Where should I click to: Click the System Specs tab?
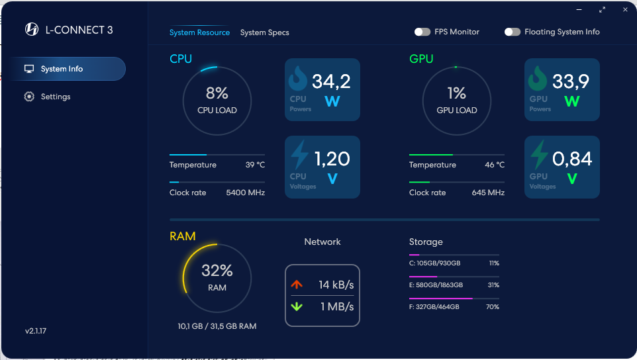pyautogui.click(x=264, y=32)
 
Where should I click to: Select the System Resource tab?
pyautogui.click(x=199, y=32)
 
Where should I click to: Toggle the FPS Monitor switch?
pyautogui.click(x=422, y=32)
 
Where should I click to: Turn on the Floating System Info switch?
pyautogui.click(x=513, y=32)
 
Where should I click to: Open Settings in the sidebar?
pyautogui.click(x=56, y=97)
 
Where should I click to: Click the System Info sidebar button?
pyautogui.click(x=63, y=69)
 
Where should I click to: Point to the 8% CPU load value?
pyautogui.click(x=217, y=93)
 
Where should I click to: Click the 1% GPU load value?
pyautogui.click(x=456, y=93)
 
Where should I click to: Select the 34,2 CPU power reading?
pyautogui.click(x=331, y=81)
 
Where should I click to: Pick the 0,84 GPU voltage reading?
pyautogui.click(x=572, y=159)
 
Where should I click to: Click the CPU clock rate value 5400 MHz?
pyautogui.click(x=246, y=193)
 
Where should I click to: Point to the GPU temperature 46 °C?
pyautogui.click(x=495, y=165)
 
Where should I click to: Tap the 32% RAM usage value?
pyautogui.click(x=217, y=271)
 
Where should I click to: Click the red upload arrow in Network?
pyautogui.click(x=297, y=285)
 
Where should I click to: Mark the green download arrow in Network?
pyautogui.click(x=297, y=306)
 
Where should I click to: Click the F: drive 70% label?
pyautogui.click(x=493, y=307)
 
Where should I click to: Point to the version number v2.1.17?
pyautogui.click(x=36, y=331)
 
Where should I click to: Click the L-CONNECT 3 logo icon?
pyautogui.click(x=32, y=29)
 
